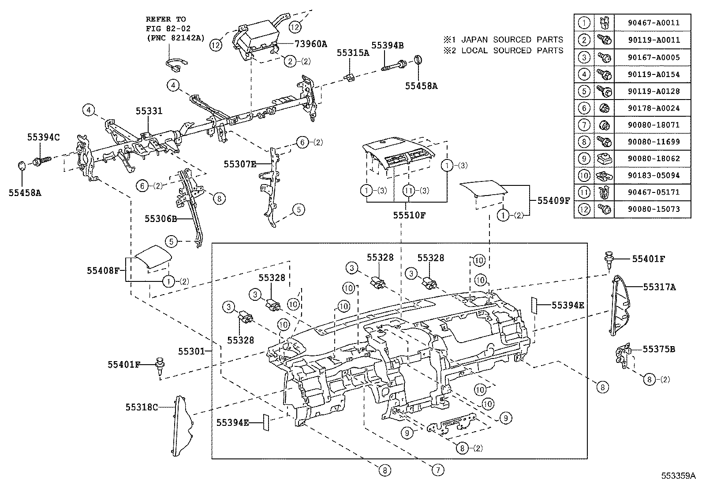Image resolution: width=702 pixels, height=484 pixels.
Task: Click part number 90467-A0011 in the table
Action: coord(653,23)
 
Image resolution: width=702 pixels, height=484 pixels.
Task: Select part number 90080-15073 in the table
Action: coord(653,209)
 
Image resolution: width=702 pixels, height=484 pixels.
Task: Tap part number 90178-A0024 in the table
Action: coord(653,108)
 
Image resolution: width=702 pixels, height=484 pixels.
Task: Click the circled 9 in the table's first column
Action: coord(584,159)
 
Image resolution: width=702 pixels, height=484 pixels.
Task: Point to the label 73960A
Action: coord(311,44)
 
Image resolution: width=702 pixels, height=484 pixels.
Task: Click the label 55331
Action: coord(149,111)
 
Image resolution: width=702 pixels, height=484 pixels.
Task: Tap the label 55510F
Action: coord(410,215)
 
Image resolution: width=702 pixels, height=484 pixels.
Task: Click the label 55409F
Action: coord(554,200)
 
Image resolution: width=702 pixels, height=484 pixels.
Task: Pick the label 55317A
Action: coord(659,287)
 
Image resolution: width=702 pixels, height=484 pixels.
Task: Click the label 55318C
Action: coord(142,407)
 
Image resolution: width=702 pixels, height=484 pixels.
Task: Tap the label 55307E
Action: coord(240,164)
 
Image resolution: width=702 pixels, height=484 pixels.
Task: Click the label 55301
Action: coord(191,351)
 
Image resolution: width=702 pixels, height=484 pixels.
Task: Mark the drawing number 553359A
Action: coord(678,476)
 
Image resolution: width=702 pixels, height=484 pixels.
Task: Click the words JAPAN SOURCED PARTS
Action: coord(512,40)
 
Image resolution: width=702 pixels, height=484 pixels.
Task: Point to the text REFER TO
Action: coord(166,19)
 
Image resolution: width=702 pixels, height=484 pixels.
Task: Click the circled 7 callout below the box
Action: coord(437,471)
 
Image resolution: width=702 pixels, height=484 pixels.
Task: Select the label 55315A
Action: coord(353,53)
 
